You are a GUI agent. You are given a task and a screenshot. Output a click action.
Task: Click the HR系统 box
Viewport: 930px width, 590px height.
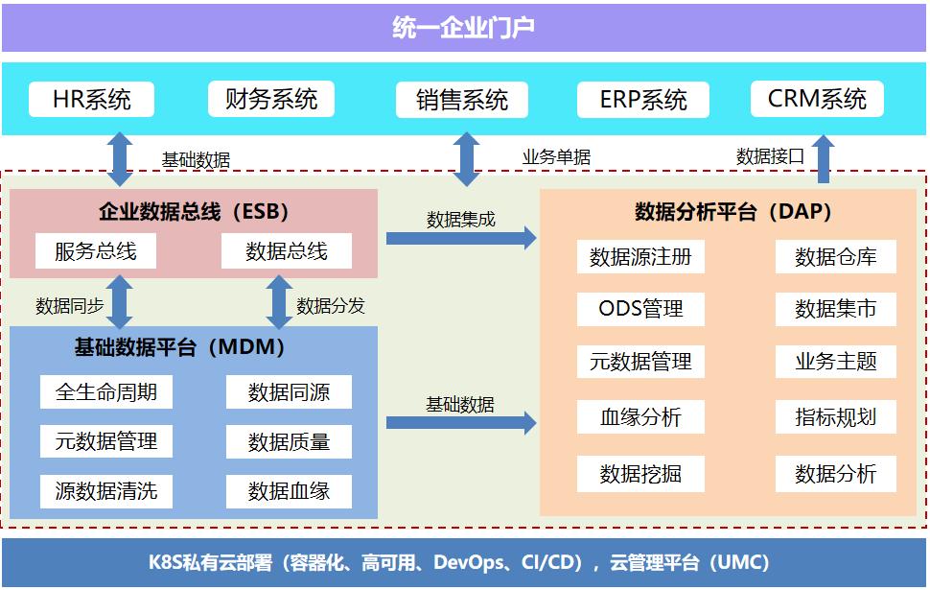(x=92, y=99)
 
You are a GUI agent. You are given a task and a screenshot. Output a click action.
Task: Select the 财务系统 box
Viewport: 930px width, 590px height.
(x=271, y=99)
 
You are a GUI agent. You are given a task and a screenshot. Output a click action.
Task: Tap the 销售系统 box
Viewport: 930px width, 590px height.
(x=462, y=100)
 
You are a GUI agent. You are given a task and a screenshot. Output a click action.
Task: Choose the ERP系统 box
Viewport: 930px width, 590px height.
(x=643, y=100)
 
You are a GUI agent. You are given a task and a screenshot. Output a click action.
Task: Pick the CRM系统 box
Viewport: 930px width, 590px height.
(x=817, y=99)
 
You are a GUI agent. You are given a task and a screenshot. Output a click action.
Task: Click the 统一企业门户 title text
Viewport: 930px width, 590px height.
(x=464, y=28)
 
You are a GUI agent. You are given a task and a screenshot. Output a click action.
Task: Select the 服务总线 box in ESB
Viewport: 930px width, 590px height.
(x=96, y=251)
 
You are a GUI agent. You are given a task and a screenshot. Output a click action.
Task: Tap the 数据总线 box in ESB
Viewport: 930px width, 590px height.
(x=287, y=251)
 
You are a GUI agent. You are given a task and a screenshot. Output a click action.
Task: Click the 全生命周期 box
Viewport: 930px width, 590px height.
(x=106, y=391)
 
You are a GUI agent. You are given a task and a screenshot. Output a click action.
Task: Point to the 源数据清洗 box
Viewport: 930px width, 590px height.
(x=106, y=491)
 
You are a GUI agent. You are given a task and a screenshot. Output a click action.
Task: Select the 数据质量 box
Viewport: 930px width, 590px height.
(x=289, y=441)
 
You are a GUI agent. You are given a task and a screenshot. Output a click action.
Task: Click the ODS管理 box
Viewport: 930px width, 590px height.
(x=640, y=309)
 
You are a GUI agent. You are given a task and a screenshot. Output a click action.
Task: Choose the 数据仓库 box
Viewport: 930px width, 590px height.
(x=835, y=257)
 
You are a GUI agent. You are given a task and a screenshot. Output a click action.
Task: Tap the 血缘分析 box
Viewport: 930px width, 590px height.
(x=640, y=417)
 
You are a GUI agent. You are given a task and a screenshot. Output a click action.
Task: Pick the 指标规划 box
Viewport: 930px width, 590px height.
(x=835, y=417)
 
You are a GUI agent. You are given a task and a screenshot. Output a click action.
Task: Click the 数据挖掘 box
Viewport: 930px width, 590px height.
(x=640, y=474)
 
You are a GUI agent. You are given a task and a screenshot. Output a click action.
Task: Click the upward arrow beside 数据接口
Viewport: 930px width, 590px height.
(x=823, y=158)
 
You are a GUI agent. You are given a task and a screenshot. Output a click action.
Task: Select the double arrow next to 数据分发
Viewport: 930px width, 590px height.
(x=279, y=302)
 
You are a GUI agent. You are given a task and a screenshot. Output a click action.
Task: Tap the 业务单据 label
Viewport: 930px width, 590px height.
(x=556, y=157)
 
